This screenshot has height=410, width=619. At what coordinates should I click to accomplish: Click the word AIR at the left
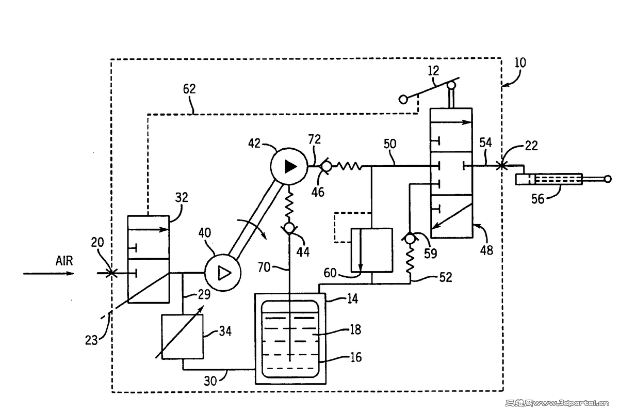pyautogui.click(x=64, y=261)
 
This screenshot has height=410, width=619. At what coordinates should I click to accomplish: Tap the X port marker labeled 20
pyautogui.click(x=110, y=273)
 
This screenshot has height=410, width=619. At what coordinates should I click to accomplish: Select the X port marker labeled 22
pyautogui.click(x=500, y=166)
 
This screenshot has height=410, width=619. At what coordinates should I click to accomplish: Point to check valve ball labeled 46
pyautogui.click(x=326, y=166)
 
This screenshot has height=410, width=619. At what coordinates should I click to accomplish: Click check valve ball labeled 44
pyautogui.click(x=289, y=228)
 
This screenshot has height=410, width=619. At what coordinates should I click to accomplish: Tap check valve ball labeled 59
pyautogui.click(x=410, y=239)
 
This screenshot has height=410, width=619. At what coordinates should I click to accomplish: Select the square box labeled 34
pyautogui.click(x=182, y=336)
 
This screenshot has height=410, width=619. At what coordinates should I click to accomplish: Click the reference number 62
pyautogui.click(x=189, y=89)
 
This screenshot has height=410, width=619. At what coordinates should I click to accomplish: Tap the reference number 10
pyautogui.click(x=520, y=63)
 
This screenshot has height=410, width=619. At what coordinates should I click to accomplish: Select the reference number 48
pyautogui.click(x=486, y=250)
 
